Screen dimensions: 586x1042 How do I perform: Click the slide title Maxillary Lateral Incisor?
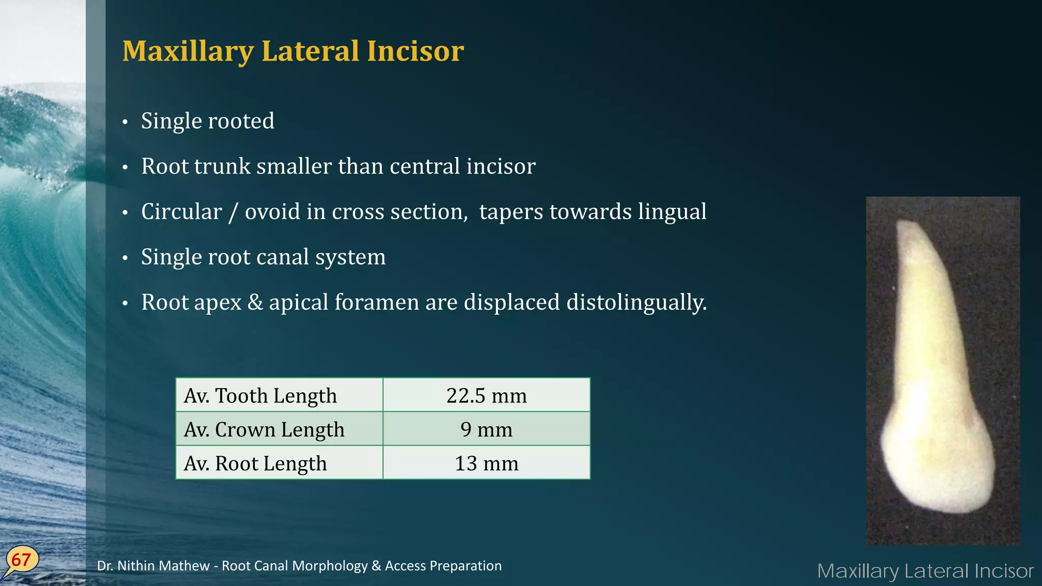[x=293, y=51]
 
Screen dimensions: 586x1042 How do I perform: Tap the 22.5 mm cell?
[x=486, y=395]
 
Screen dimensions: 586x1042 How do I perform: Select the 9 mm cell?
[x=486, y=429]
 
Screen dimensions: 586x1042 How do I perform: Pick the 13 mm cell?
[x=486, y=463]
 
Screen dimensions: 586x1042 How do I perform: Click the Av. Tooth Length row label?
[x=260, y=395]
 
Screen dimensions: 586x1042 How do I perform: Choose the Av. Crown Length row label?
[x=264, y=429]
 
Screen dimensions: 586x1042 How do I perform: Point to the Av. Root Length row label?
[x=255, y=463]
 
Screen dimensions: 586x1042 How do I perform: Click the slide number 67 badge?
[x=21, y=560]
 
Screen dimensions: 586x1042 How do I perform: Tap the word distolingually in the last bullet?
[x=636, y=302]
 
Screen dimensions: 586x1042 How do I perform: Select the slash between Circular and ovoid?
[x=233, y=212]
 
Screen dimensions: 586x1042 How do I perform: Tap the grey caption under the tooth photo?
[x=925, y=571]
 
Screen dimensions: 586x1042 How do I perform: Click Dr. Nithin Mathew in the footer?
[x=153, y=566]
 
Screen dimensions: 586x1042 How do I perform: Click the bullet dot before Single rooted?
[x=125, y=122]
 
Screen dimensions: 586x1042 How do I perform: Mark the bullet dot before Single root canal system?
[x=125, y=258]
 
